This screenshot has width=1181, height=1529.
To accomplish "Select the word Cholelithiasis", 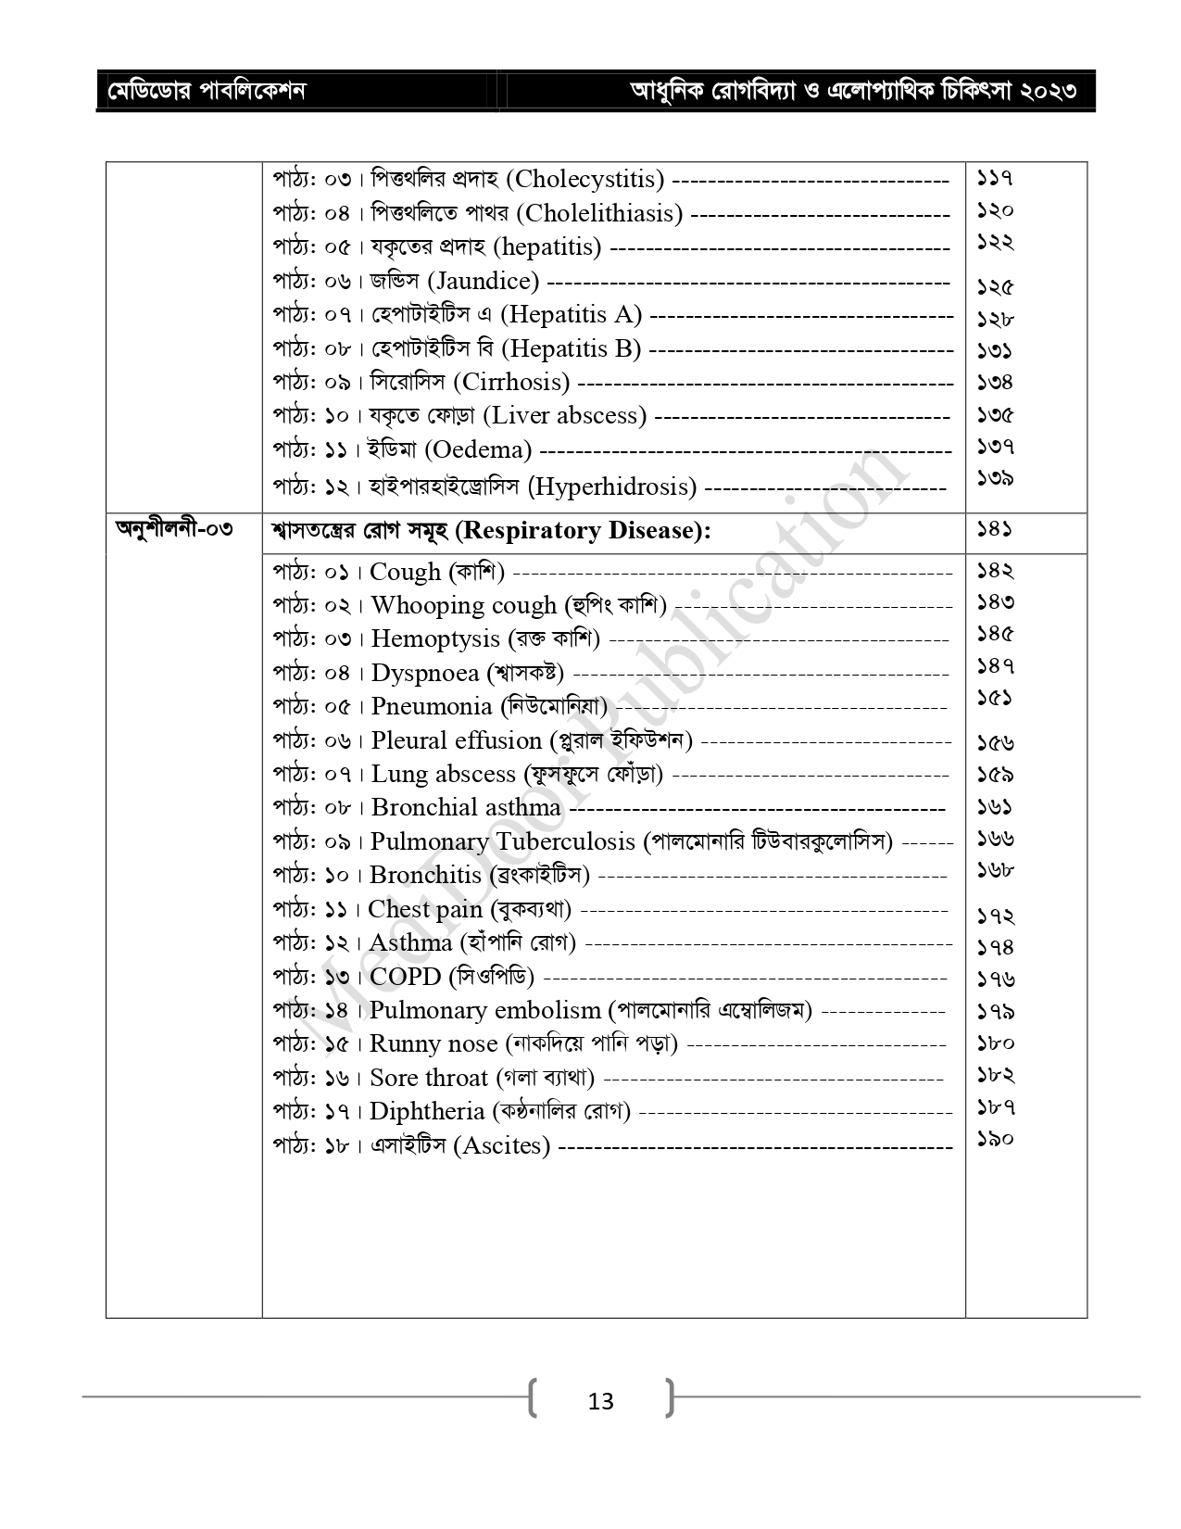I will coord(599,214).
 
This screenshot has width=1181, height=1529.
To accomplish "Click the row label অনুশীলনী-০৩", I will coord(173,530).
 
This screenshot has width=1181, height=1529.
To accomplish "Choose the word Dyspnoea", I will coord(425,673).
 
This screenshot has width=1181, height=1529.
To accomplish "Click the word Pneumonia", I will coord(432,707).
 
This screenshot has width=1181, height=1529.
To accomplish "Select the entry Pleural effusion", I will coord(456,741).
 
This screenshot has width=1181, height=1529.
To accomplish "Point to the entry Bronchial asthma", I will coord(466,808).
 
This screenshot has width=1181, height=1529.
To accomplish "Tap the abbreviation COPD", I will coord(406,977).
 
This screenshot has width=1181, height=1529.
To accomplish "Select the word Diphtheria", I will coord(427,1111).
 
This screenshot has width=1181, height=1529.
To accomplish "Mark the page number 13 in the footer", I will coord(600,1401).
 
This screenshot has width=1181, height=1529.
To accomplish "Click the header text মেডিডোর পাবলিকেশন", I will coord(207,91).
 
